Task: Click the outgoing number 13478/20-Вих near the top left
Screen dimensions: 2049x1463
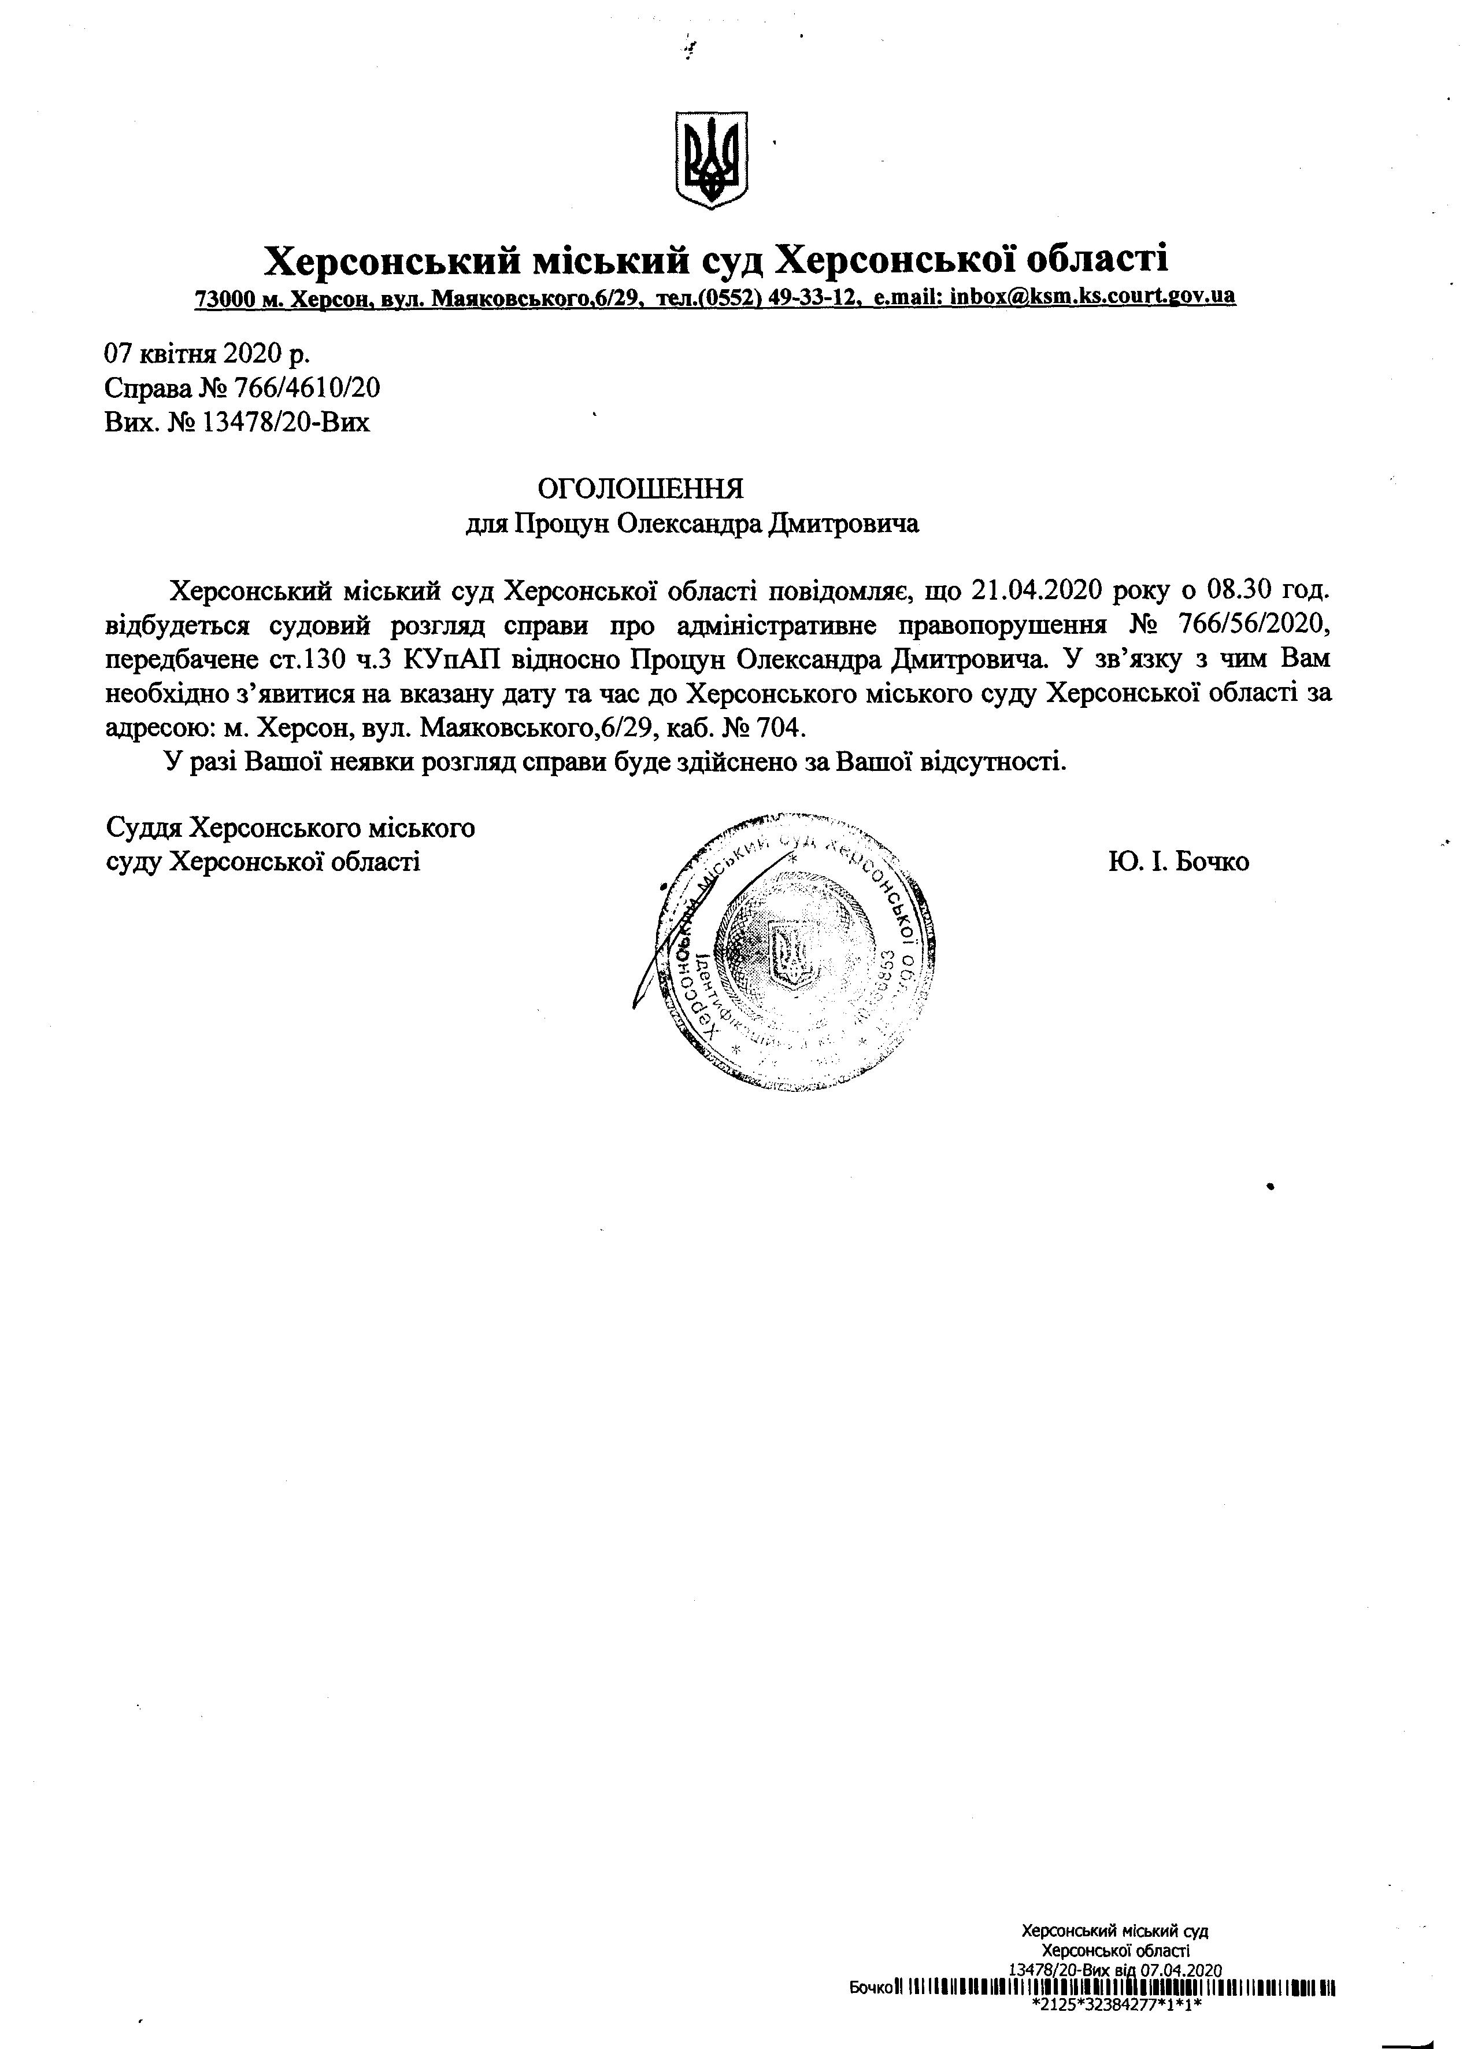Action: pyautogui.click(x=287, y=422)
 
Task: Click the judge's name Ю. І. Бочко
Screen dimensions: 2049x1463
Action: pyautogui.click(x=1179, y=861)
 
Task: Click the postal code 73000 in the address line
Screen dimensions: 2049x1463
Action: pyautogui.click(x=225, y=297)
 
